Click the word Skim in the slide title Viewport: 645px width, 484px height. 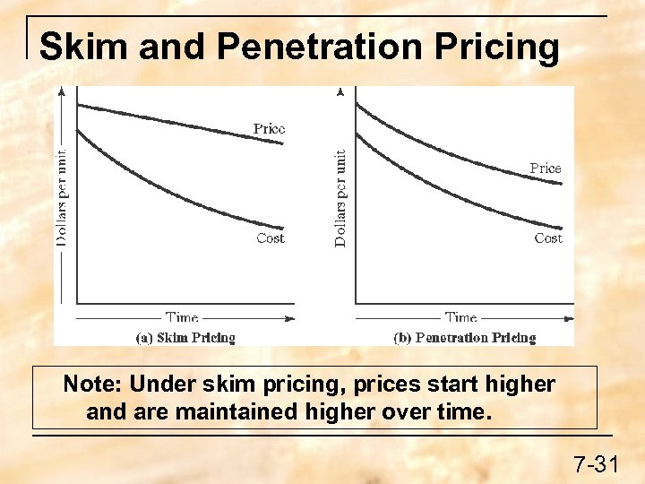click(84, 47)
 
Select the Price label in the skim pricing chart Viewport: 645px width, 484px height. click(269, 129)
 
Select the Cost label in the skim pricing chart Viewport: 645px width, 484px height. click(270, 238)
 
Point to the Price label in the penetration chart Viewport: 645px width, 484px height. click(545, 169)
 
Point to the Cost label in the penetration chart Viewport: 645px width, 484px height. click(548, 238)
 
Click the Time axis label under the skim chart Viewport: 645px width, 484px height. click(182, 317)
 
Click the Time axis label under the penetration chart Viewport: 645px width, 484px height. click(460, 317)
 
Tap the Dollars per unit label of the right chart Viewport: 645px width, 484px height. click(340, 198)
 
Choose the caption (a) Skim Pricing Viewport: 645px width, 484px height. click(185, 338)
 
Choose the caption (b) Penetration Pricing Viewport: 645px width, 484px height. click(464, 338)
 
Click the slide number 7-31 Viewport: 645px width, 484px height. click(596, 464)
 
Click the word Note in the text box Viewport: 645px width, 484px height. click(92, 385)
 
